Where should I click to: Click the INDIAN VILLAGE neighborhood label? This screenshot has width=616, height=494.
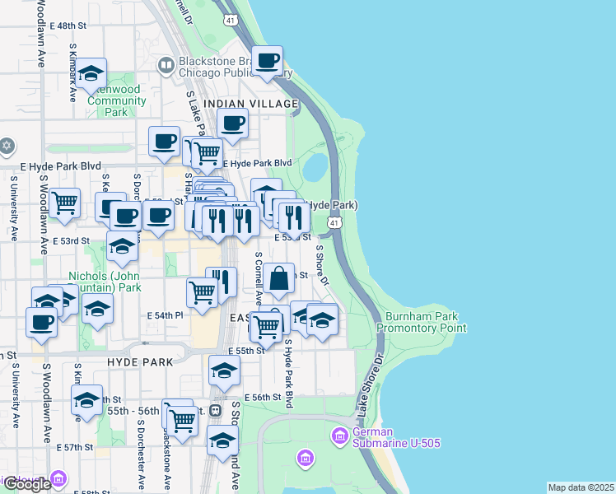[250, 104]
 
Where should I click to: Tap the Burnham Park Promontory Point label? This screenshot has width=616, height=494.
[422, 321]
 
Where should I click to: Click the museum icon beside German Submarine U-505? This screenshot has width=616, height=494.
[338, 434]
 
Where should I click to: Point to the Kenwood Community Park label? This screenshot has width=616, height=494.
[117, 100]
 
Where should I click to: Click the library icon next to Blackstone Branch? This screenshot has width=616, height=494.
[167, 63]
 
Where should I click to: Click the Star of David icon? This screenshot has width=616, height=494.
[7, 147]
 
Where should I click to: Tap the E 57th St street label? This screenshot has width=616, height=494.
[79, 447]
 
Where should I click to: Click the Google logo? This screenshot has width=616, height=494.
[26, 484]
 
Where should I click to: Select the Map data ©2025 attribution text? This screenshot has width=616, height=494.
[581, 487]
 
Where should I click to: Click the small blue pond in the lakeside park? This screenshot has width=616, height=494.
[315, 169]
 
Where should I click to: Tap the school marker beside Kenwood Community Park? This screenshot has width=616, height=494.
[91, 73]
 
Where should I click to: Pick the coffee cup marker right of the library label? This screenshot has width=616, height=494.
[267, 61]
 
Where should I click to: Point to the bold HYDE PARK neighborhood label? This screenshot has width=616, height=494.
[140, 361]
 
